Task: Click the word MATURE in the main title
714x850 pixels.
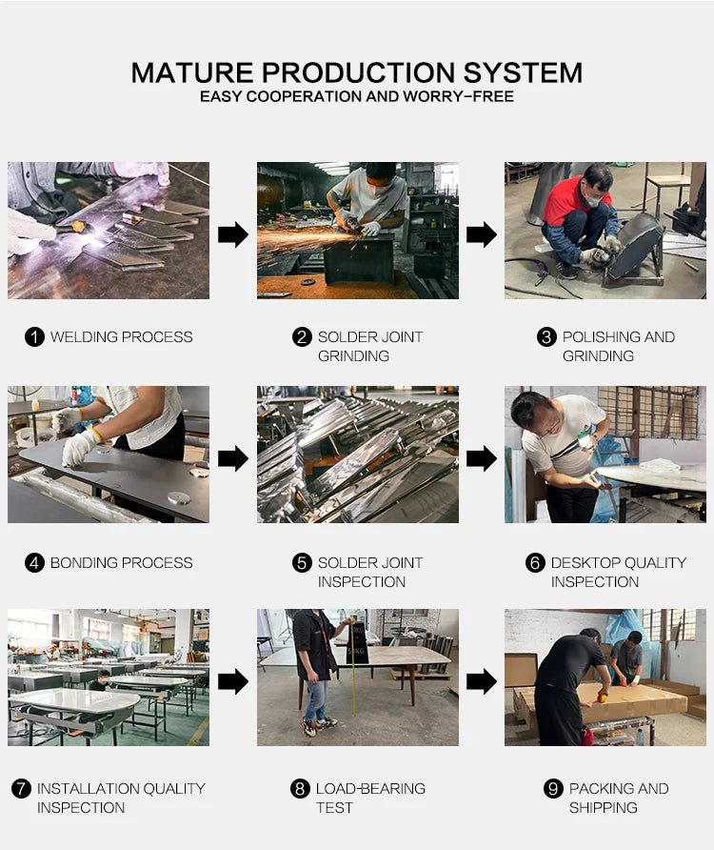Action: click(192, 72)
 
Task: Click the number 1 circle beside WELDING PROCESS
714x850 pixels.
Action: click(34, 336)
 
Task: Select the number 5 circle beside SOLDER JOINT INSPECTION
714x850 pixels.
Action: click(302, 562)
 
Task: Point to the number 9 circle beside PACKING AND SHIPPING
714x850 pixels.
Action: click(553, 789)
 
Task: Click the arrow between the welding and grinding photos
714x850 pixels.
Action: click(233, 234)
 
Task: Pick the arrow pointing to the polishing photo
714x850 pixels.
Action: click(482, 234)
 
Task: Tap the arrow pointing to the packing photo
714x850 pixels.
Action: click(482, 681)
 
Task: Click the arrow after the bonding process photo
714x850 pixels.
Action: click(233, 458)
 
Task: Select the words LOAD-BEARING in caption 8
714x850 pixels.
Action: click(370, 789)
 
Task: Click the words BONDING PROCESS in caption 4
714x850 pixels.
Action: click(121, 562)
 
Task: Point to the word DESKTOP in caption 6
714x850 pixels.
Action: click(586, 562)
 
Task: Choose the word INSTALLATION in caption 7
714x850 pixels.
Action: click(88, 789)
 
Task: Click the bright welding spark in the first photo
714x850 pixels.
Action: click(93, 235)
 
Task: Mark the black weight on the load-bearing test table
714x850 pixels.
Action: click(358, 643)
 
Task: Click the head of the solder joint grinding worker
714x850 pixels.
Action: click(379, 178)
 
